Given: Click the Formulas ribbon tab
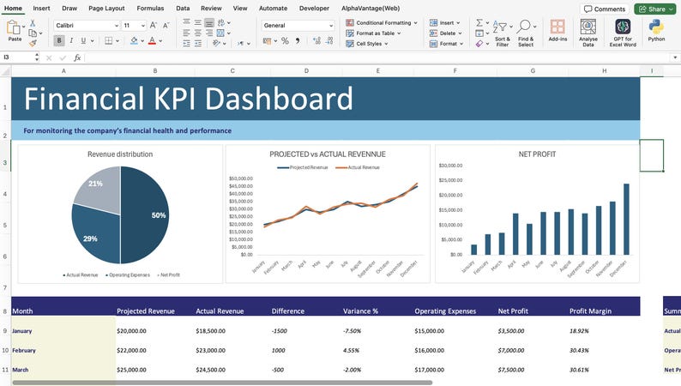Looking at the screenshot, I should point(150,8).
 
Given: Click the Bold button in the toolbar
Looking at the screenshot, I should point(59,40).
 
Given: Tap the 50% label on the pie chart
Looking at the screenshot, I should point(159,215).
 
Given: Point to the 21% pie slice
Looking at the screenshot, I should point(95,184).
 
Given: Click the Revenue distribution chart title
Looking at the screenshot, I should point(120,154).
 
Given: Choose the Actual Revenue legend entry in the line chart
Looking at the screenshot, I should point(363,167).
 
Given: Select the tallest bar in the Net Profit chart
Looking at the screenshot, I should point(626,220).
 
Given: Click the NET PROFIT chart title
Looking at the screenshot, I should point(537,154).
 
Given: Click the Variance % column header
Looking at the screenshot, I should point(361,311).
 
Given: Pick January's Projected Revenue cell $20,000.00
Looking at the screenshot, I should point(137,330).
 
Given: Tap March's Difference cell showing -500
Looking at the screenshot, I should point(282,370).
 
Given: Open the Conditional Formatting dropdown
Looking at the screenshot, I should point(383,22).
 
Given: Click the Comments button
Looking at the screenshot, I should point(604,9).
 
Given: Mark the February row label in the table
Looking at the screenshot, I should point(24,350).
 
